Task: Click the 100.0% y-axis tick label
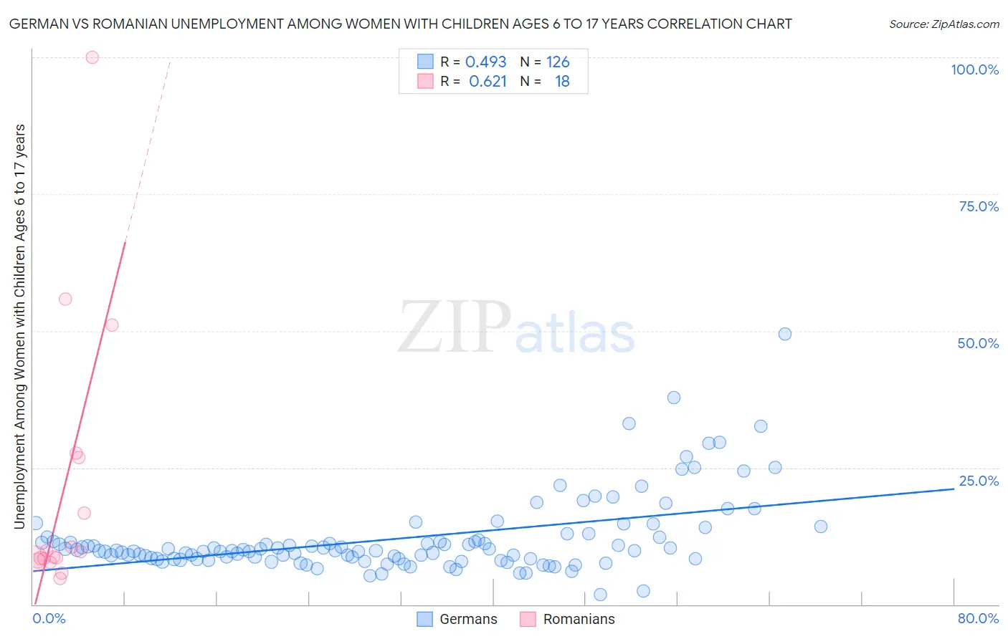[974, 69]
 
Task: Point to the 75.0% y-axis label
[979, 206]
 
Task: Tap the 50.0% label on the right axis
[978, 343]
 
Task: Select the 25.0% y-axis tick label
[979, 481]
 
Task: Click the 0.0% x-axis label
[49, 618]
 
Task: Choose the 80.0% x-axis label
[978, 618]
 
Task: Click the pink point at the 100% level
[92, 57]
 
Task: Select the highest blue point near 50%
[785, 334]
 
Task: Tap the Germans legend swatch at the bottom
[425, 619]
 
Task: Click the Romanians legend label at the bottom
[579, 619]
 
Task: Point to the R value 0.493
[485, 62]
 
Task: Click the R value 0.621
[488, 82]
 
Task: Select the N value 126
[558, 62]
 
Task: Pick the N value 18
[562, 82]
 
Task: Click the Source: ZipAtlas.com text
[943, 24]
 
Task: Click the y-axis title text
[19, 326]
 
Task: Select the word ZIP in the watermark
[455, 327]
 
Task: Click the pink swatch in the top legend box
[425, 81]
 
